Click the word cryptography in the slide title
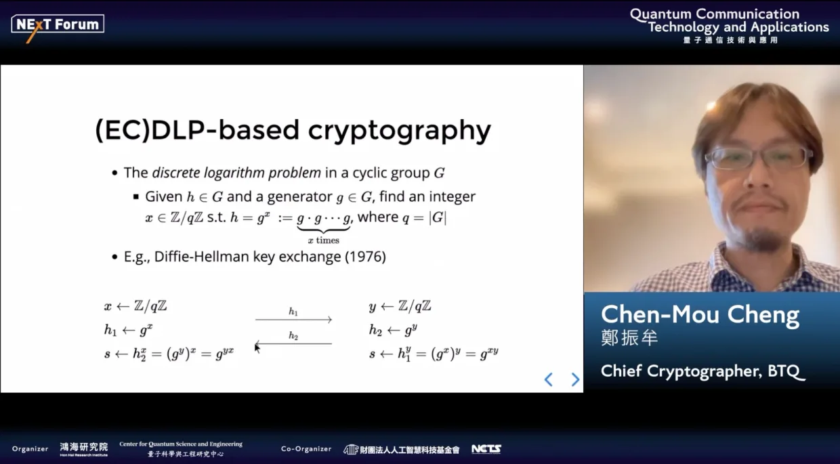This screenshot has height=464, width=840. [x=400, y=131]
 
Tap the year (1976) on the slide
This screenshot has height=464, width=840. [x=365, y=257]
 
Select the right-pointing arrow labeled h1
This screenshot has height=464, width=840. [x=293, y=320]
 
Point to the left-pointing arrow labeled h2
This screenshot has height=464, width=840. [x=293, y=343]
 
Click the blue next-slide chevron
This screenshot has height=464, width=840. [x=575, y=379]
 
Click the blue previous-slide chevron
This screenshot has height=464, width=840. [x=549, y=379]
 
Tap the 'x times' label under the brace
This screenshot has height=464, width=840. [x=324, y=240]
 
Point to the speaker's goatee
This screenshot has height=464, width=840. [x=761, y=239]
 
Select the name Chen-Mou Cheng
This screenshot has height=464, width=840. [x=700, y=315]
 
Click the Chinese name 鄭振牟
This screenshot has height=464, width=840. [x=629, y=337]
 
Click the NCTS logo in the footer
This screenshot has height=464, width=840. [x=486, y=449]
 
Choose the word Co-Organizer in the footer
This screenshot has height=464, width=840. [x=306, y=449]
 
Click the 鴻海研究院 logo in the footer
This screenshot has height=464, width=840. [x=83, y=449]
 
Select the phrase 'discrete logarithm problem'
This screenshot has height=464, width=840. [x=236, y=173]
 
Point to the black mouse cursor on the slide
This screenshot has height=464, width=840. [x=257, y=348]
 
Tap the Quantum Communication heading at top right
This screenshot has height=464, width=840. [x=715, y=14]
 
